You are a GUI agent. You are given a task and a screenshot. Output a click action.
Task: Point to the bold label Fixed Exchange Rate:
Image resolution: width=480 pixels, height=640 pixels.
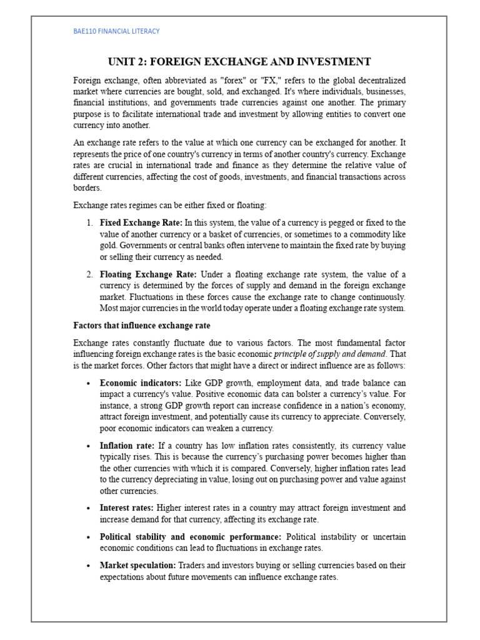[x=141, y=223]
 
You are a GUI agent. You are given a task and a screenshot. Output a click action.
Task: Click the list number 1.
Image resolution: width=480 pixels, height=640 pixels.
[x=90, y=223]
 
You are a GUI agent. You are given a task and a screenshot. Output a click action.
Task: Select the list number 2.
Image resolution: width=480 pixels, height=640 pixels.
[x=90, y=274]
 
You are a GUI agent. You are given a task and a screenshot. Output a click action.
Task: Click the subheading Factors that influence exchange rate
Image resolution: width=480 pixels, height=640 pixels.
[x=142, y=326]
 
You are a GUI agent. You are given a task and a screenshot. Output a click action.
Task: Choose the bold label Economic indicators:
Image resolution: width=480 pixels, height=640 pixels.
[x=141, y=382]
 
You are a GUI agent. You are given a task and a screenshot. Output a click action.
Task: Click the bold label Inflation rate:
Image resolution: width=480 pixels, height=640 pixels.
[x=127, y=446]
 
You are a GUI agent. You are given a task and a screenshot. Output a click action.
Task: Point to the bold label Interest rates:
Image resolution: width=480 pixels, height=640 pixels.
[x=127, y=508]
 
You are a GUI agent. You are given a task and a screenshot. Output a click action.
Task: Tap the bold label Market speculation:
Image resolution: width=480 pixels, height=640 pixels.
[x=138, y=566]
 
